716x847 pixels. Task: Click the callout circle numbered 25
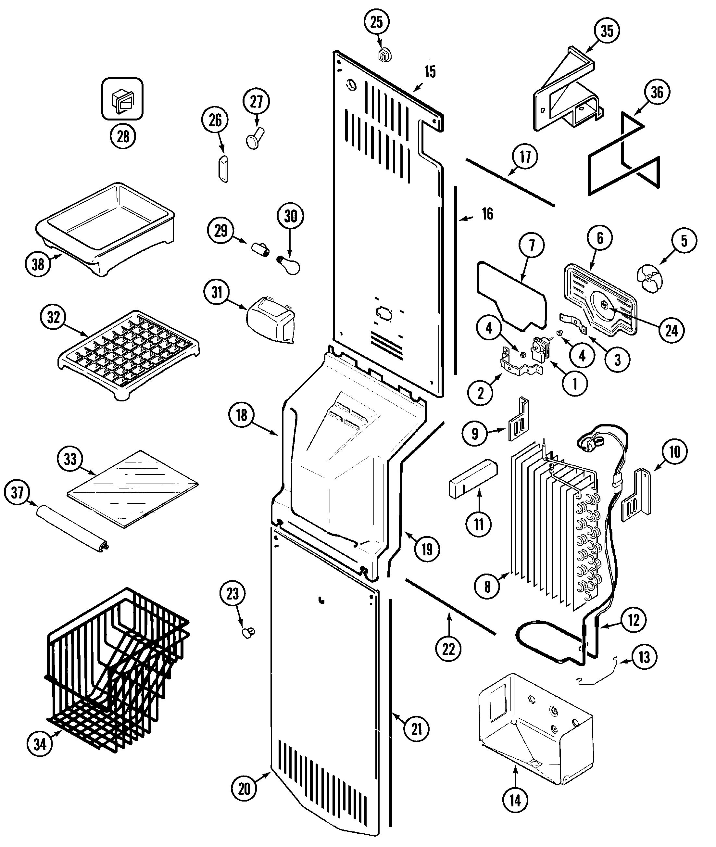[376, 22]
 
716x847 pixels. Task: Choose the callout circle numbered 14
[515, 809]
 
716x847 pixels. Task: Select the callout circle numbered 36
[657, 92]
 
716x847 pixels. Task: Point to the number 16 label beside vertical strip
[487, 214]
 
